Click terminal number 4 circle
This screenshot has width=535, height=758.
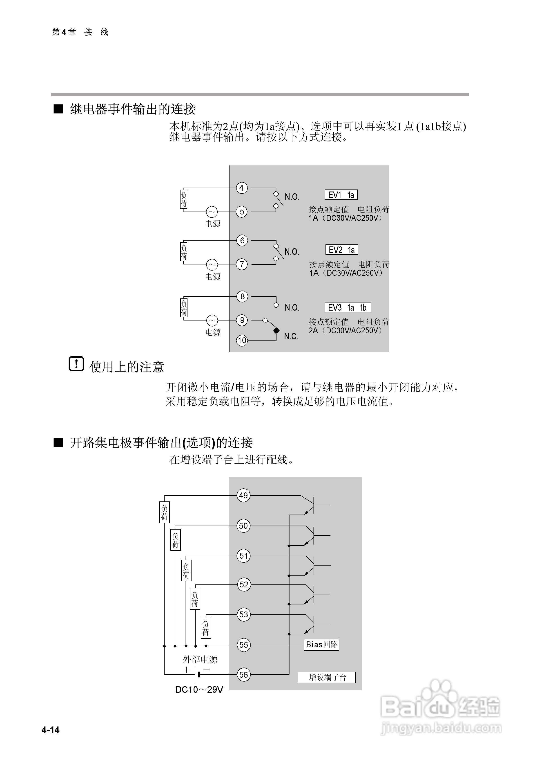pyautogui.click(x=242, y=188)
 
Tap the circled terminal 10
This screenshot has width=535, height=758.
pyautogui.click(x=242, y=340)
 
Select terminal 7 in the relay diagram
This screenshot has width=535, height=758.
pyautogui.click(x=242, y=264)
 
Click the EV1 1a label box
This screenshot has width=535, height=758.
pyautogui.click(x=341, y=195)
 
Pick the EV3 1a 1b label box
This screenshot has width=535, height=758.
pyautogui.click(x=348, y=307)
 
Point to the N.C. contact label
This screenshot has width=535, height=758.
pyautogui.click(x=291, y=336)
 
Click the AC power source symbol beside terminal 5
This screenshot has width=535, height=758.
pyautogui.click(x=212, y=212)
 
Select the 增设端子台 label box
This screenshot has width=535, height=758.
pyautogui.click(x=327, y=677)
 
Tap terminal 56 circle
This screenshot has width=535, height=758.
pyautogui.click(x=243, y=675)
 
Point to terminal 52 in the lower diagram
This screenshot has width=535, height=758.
pyautogui.click(x=243, y=585)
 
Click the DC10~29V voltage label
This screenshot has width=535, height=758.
pyautogui.click(x=199, y=689)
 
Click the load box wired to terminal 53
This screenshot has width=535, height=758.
pyautogui.click(x=205, y=628)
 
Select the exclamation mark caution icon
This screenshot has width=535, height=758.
pyautogui.click(x=76, y=364)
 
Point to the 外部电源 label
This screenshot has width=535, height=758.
pyautogui.click(x=200, y=659)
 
